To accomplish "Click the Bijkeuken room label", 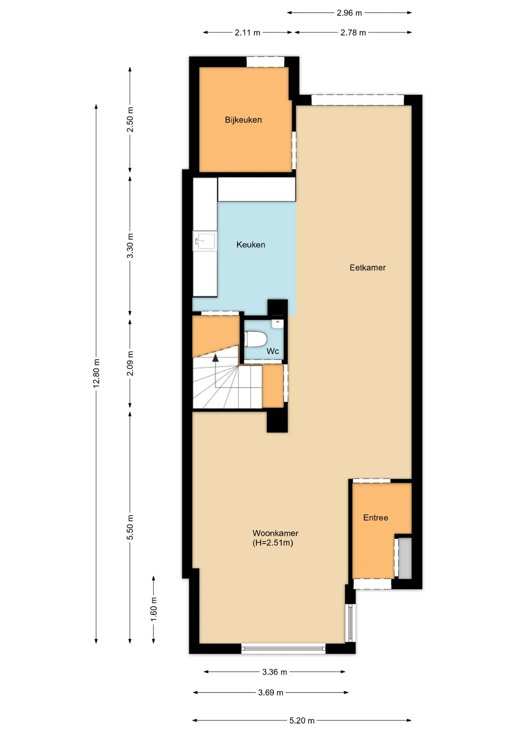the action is pyautogui.click(x=243, y=120).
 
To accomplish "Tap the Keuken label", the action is pyautogui.click(x=251, y=245).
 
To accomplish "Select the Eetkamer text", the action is pyautogui.click(x=367, y=268).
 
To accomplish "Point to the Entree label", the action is pyautogui.click(x=375, y=518).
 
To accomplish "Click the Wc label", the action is pyautogui.click(x=273, y=351).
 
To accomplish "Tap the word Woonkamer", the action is pyautogui.click(x=275, y=533).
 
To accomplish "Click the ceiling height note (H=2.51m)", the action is pyautogui.click(x=273, y=543).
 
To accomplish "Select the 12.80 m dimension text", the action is pyautogui.click(x=97, y=373).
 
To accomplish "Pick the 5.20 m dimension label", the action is pyautogui.click(x=302, y=720).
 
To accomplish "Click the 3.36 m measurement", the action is pyautogui.click(x=274, y=672).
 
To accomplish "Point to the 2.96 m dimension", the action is pyautogui.click(x=349, y=13).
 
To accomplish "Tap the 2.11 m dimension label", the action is pyautogui.click(x=247, y=33).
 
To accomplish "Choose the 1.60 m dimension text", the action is pyautogui.click(x=154, y=609).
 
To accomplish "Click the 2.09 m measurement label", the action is pyautogui.click(x=130, y=363).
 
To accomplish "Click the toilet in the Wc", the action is pyautogui.click(x=256, y=339).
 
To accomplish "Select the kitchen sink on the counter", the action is pyautogui.click(x=205, y=241).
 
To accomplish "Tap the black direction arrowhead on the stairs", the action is pyautogui.click(x=216, y=358).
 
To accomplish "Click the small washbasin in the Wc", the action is pyautogui.click(x=277, y=324).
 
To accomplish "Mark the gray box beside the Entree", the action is pyautogui.click(x=405, y=558).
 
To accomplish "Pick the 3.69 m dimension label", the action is pyautogui.click(x=270, y=693).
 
